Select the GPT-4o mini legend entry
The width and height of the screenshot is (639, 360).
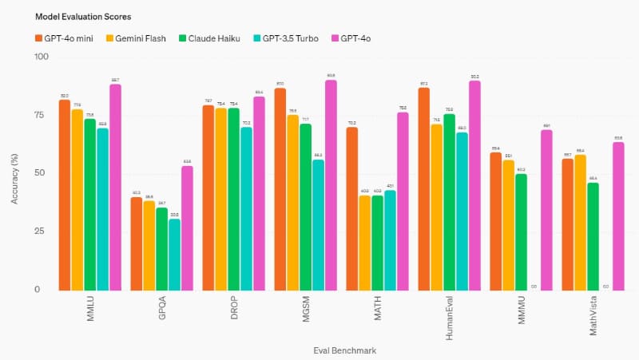pos(69,37)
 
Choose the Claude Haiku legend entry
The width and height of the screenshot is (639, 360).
pos(212,37)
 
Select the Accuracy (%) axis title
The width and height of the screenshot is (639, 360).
pos(15,174)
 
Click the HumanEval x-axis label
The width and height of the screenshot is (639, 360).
pos(449,318)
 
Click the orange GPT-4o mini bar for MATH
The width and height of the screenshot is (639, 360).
pos(351,208)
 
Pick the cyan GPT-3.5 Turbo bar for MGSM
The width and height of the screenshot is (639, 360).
pos(318,224)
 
